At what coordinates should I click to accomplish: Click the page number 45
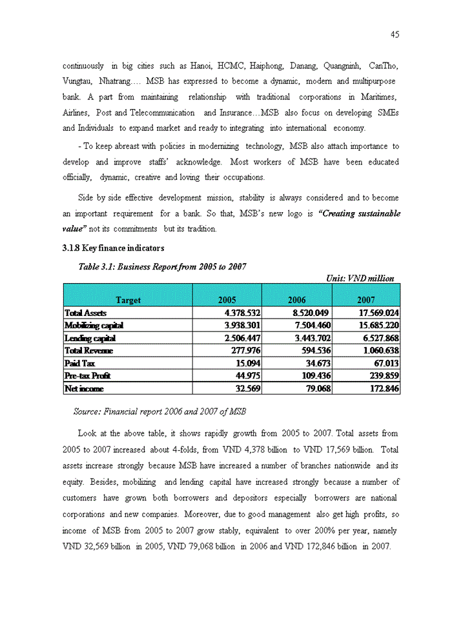[x=395, y=35]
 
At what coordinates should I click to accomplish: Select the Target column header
[x=128, y=300]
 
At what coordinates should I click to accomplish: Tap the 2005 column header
[x=227, y=300]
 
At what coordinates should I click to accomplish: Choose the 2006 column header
[x=296, y=300]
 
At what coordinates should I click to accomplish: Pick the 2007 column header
[x=365, y=300]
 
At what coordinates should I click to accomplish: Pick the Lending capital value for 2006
[x=308, y=339]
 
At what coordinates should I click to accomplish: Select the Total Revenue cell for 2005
[x=243, y=351]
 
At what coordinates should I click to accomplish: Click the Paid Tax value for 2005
[x=247, y=364]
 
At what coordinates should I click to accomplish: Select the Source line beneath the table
[x=159, y=411]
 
